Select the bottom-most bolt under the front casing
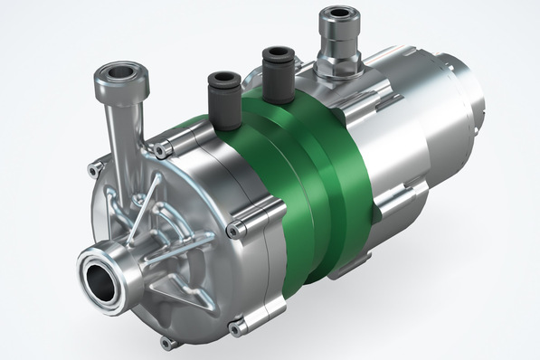click(x=166, y=344)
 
